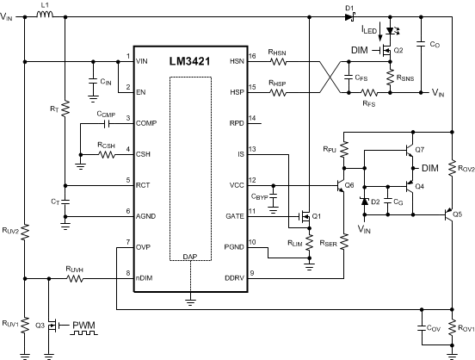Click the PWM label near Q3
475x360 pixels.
click(x=84, y=326)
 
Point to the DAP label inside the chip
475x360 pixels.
click(x=189, y=257)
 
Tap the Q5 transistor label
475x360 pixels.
click(x=457, y=213)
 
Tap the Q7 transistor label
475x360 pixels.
click(x=419, y=149)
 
